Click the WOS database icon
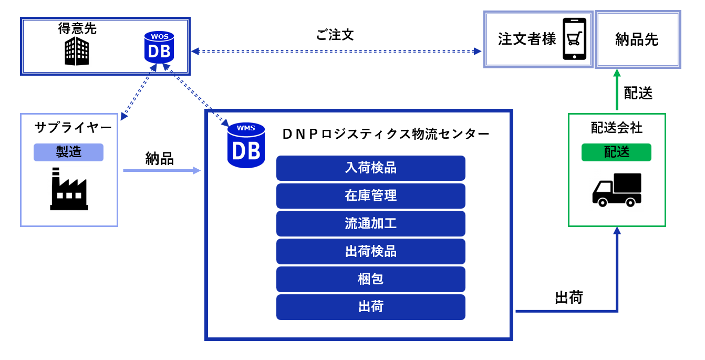click(x=159, y=47)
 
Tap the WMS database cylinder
click(x=246, y=146)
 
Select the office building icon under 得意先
click(x=77, y=51)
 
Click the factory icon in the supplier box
click(x=69, y=189)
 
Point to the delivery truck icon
click(x=617, y=190)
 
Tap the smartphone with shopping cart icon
click(x=574, y=39)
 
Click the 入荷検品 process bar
click(x=371, y=168)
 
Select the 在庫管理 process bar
click(x=371, y=196)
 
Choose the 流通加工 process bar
click(x=371, y=223)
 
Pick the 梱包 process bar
click(x=371, y=279)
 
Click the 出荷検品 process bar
click(x=371, y=251)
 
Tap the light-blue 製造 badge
click(x=69, y=152)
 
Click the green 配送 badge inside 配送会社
click(x=616, y=152)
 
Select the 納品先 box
click(x=638, y=39)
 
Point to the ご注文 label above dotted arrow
click(x=335, y=35)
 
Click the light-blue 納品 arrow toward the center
click(x=162, y=170)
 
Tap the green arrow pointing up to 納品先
click(x=617, y=89)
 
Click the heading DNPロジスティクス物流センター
click(x=386, y=134)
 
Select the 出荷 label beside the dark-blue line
click(x=569, y=297)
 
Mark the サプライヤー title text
click(x=73, y=127)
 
